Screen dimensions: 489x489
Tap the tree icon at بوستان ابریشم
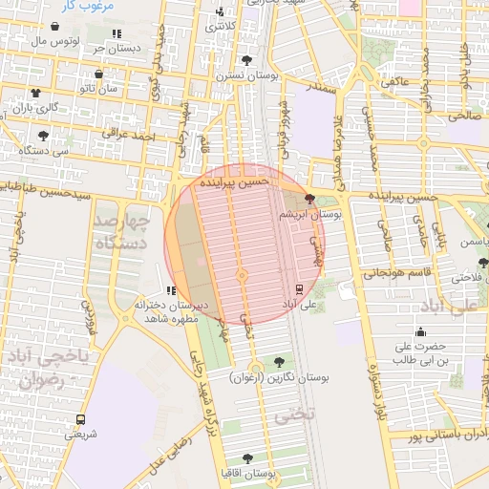pos(309,200)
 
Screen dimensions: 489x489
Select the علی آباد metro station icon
pos(299,288)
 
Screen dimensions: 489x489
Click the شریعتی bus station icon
pos(80,419)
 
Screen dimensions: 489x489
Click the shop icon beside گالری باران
pos(35,93)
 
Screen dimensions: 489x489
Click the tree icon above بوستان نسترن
pos(247,59)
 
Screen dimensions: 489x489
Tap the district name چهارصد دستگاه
pos(121,232)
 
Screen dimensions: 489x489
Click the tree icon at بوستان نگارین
pos(279,362)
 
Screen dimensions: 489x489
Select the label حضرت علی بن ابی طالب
pos(415,352)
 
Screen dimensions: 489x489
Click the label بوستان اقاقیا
pos(249,474)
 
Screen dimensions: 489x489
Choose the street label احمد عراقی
pos(130,138)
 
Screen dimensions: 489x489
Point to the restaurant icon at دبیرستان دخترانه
pos(171,290)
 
